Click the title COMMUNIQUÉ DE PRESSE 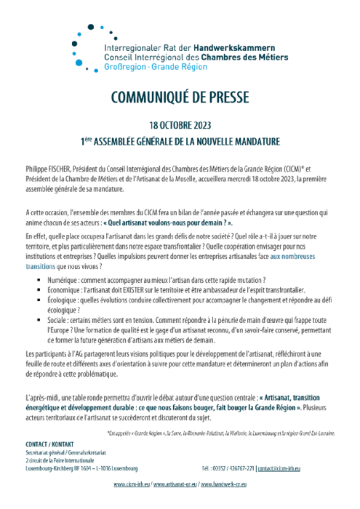point(179,100)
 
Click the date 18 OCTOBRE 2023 point(180,125)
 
